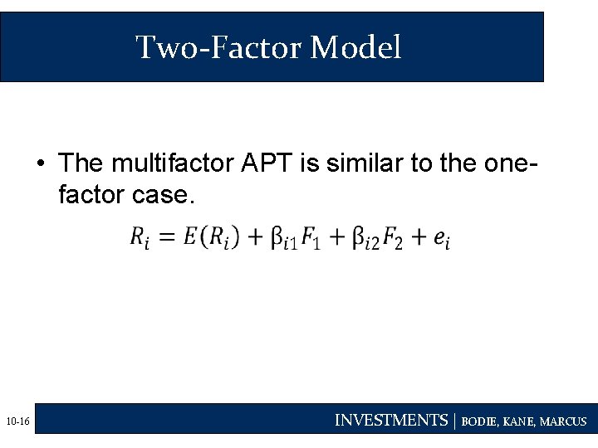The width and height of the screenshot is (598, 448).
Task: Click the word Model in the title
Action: pyautogui.click(x=355, y=47)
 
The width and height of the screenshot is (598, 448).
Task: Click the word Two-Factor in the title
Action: pyautogui.click(x=219, y=47)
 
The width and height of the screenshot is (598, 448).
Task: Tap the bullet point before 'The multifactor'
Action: pyautogui.click(x=40, y=163)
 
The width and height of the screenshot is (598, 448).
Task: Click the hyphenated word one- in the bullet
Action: pyautogui.click(x=509, y=163)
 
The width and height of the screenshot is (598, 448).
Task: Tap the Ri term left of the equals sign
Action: pyautogui.click(x=140, y=238)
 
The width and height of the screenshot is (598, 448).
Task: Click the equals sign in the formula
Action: pyautogui.click(x=167, y=238)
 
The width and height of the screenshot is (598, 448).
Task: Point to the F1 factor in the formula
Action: pyautogui.click(x=311, y=239)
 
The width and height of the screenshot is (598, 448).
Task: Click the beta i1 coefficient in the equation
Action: pyautogui.click(x=283, y=239)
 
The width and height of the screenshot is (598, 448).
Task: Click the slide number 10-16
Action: pyautogui.click(x=17, y=422)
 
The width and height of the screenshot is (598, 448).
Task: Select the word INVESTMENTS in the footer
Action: pyautogui.click(x=390, y=421)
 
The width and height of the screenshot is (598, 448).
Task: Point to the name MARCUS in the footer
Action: pyautogui.click(x=562, y=421)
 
